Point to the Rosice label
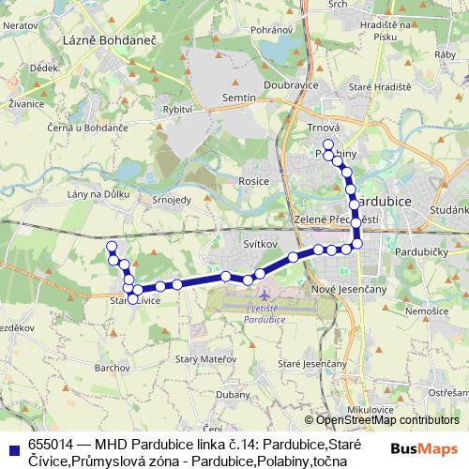coord(254,181)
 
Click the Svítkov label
coord(260,243)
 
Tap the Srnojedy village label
coord(173,200)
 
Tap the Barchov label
coord(112,369)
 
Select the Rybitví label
coord(177,110)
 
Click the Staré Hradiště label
coord(373,87)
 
